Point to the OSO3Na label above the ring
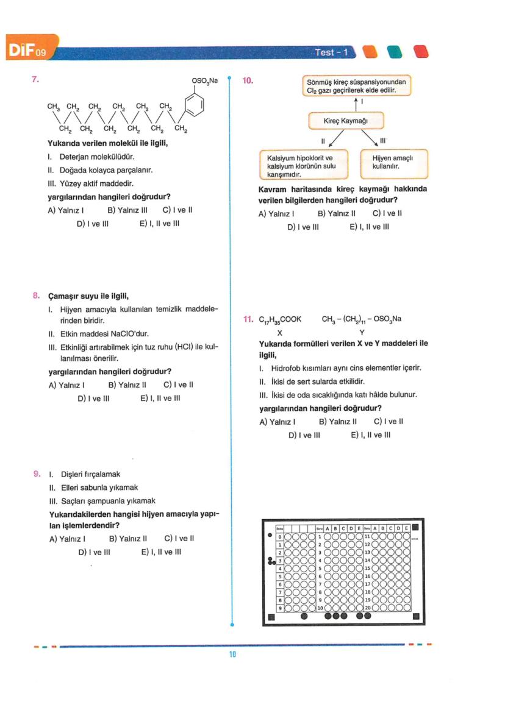(204, 80)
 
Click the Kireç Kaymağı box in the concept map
(346, 121)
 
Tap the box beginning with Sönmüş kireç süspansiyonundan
(356, 85)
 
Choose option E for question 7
(159, 223)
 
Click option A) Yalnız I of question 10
(277, 213)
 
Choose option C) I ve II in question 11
(389, 421)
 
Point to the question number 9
(37, 474)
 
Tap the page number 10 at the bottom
(232, 655)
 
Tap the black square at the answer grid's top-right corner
(415, 528)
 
